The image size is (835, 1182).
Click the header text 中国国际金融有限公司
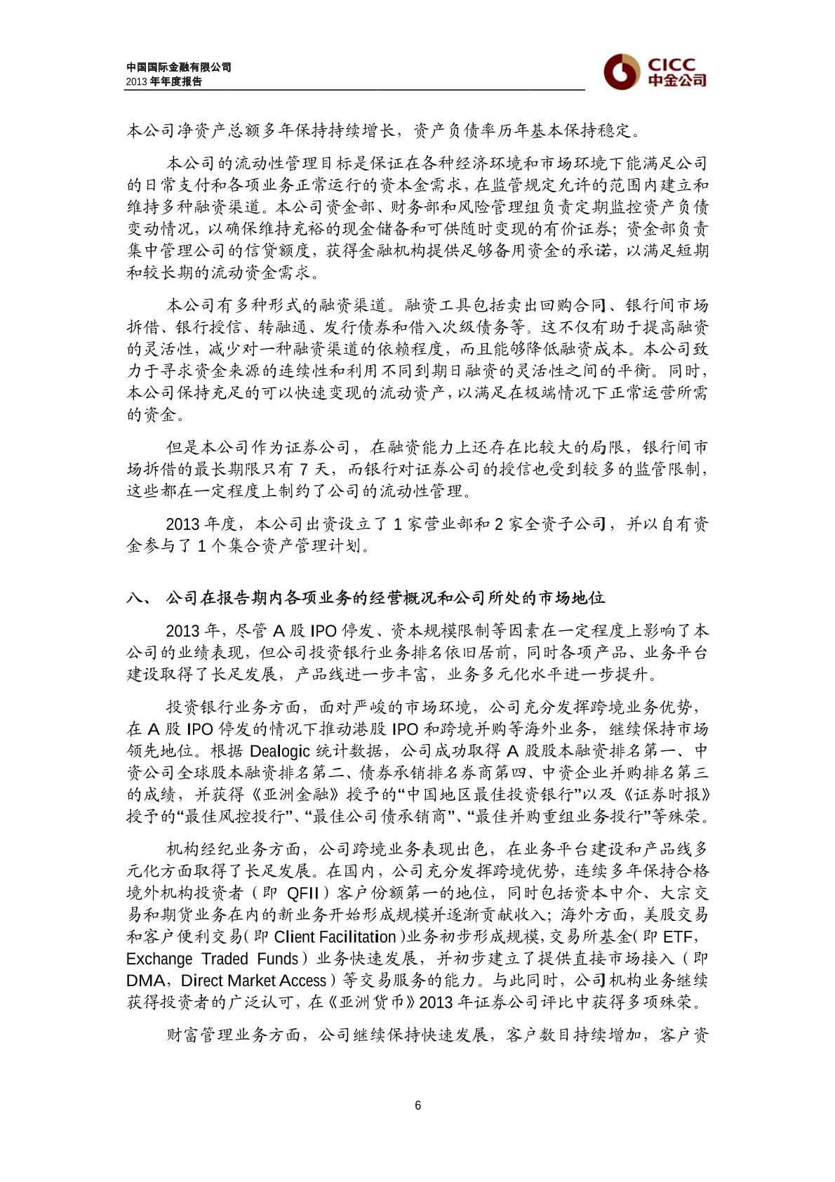point(178,67)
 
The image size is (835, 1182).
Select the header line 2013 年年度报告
point(164,81)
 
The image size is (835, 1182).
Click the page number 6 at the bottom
point(418,1105)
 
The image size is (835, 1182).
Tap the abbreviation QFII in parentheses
point(302,894)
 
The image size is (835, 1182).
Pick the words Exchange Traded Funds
point(212,959)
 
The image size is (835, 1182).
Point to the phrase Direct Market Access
point(254,981)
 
